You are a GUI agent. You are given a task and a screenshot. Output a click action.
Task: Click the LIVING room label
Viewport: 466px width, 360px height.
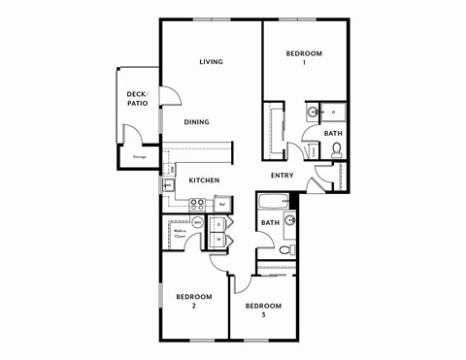coord(211,62)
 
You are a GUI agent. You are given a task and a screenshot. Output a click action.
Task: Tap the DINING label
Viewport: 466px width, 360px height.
coord(198,122)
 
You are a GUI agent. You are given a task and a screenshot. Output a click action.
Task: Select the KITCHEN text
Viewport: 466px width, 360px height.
coord(204,180)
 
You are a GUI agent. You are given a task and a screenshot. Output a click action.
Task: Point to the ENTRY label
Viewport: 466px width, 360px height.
coord(282,176)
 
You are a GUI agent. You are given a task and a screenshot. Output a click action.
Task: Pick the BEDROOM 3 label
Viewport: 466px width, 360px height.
coord(263,311)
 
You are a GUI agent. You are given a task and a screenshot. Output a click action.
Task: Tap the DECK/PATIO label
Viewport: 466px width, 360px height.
coord(137,98)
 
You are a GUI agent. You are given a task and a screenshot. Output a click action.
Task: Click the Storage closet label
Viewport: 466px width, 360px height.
coord(140,156)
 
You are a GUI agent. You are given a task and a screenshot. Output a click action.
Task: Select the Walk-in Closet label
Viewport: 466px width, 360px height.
coord(181,234)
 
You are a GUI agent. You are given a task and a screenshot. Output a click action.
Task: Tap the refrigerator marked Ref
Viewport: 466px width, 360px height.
coord(222,204)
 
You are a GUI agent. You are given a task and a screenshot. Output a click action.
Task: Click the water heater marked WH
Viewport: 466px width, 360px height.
coord(198,222)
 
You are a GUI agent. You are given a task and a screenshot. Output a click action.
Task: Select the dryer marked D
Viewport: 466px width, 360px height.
coord(217,223)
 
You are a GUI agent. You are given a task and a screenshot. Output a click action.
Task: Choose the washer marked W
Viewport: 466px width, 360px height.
coord(217,238)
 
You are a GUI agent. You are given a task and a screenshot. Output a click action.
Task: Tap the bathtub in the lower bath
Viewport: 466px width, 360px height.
coord(273,203)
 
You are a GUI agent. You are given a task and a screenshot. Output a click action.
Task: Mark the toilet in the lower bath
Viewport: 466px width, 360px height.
coord(286,249)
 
